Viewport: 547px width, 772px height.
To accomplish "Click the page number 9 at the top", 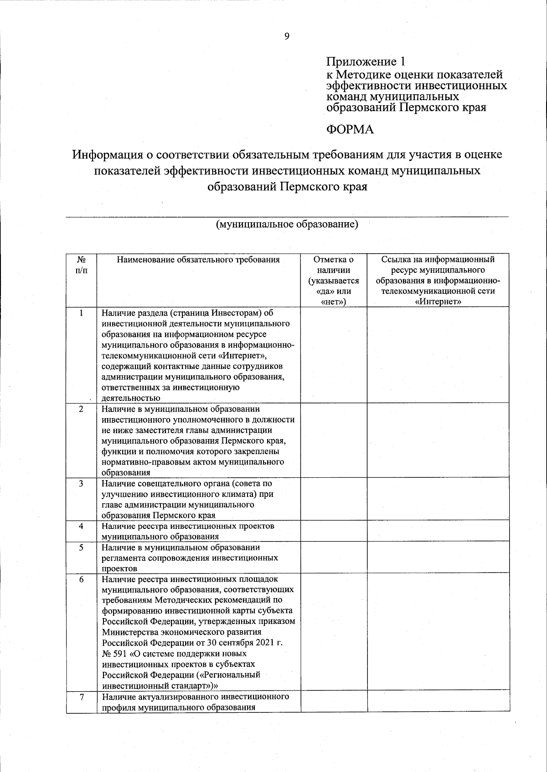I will point(287,36).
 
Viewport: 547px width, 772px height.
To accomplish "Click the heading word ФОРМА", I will point(350,130).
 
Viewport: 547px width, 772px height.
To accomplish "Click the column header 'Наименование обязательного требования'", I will point(198,260).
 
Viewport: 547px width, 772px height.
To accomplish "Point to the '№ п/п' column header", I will point(81,265).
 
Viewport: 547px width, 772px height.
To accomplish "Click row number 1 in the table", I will point(81,313).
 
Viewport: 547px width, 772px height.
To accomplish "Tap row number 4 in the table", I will point(81,526).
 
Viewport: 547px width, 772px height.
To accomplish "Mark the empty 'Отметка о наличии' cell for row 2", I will point(333,440).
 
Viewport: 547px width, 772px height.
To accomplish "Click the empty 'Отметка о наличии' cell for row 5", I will point(333,557).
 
